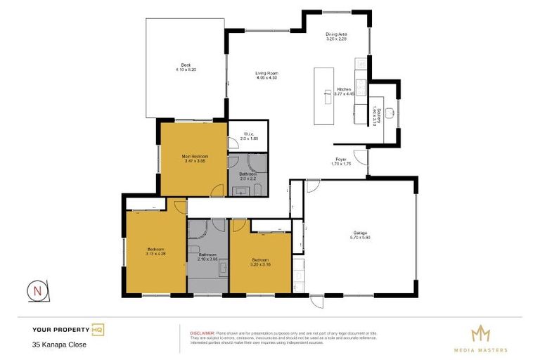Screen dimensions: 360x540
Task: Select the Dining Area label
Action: tap(336, 34)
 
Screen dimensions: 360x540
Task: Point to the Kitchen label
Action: tap(344, 89)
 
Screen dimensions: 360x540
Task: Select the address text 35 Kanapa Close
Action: tap(59, 345)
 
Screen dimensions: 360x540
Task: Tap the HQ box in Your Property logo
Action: tap(98, 329)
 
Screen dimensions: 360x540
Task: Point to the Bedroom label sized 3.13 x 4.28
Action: tap(155, 249)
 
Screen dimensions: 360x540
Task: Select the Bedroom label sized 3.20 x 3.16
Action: tap(260, 259)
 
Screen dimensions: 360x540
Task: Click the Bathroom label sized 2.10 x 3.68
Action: tap(208, 255)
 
